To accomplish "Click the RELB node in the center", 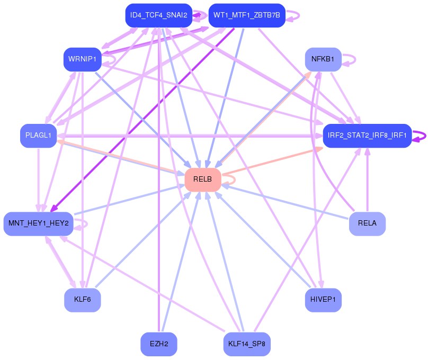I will point(202,179).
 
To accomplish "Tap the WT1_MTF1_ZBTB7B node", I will point(247,15).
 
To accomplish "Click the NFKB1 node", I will point(323,59).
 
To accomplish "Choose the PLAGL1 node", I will point(38,136).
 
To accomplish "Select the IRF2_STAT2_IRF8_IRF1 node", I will point(367,136).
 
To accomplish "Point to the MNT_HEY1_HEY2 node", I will point(38,223).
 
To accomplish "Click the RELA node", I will point(367,223).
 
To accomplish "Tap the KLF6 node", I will point(82,300).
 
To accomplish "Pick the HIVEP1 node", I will point(323,300).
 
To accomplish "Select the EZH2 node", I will point(158,344).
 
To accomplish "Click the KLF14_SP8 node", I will point(247,344).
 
